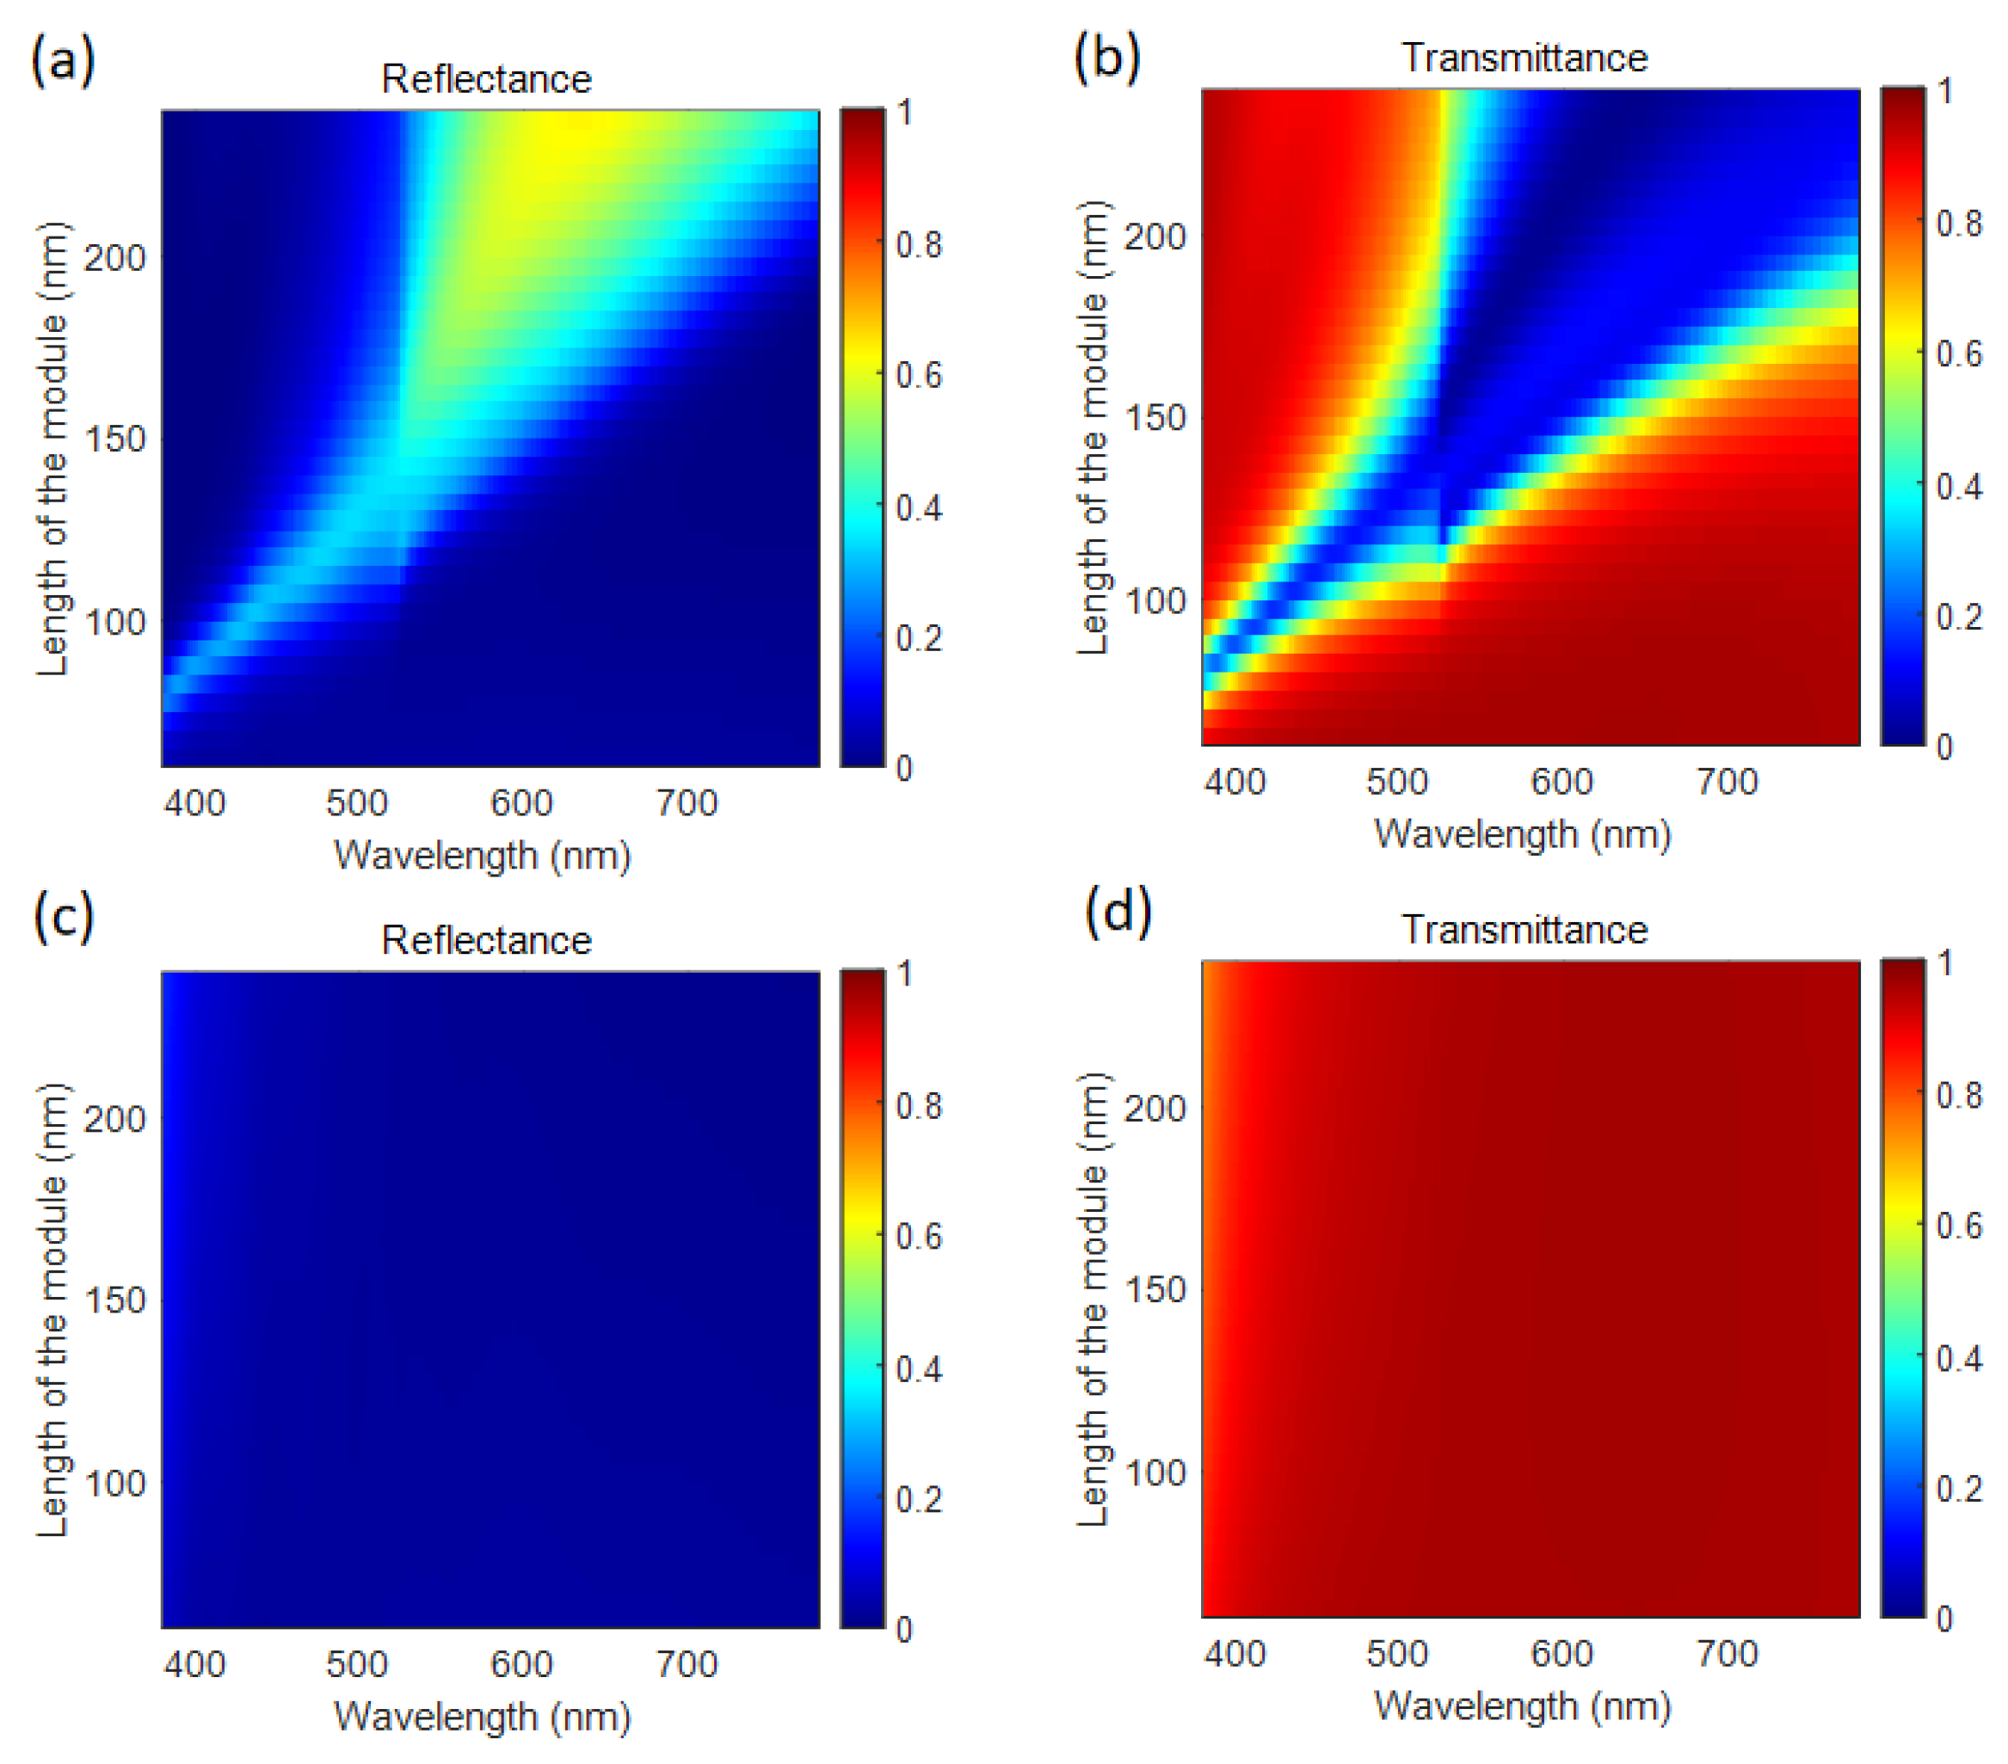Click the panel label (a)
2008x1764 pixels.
63,61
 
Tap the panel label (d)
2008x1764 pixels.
1117,912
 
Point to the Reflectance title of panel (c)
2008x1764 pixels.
486,941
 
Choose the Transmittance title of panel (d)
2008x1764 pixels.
1524,930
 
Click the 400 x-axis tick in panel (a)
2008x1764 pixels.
194,803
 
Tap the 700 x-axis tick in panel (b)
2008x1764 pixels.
1727,782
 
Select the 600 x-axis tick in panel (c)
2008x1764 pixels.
521,1665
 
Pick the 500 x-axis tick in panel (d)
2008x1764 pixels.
1397,1654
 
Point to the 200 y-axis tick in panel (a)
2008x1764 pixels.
114,258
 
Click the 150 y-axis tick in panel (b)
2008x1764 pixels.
1155,417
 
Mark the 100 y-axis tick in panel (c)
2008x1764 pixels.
114,1483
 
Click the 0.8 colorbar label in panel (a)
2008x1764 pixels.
919,244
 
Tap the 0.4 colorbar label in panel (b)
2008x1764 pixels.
1959,486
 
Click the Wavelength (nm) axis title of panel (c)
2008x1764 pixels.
483,1717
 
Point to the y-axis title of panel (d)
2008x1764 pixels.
1093,1299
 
